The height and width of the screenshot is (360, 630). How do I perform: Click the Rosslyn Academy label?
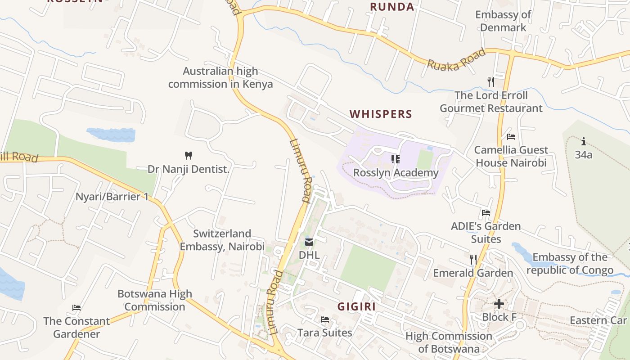(396, 173)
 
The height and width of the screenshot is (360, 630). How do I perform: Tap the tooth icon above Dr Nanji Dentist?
(189, 156)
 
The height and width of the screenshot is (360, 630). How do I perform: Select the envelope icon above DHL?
(309, 242)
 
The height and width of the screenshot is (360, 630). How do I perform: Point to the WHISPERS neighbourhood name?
(381, 114)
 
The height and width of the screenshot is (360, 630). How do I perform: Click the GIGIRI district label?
(356, 307)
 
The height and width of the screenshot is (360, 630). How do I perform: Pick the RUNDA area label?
(392, 7)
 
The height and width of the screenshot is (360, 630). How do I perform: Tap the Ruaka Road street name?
(456, 59)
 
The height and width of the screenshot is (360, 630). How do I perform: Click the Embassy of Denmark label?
(503, 21)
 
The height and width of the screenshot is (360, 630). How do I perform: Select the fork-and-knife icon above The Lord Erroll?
(491, 81)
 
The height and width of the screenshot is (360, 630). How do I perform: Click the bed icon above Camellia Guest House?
(511, 136)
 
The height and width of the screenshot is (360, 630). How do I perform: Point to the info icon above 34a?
(584, 142)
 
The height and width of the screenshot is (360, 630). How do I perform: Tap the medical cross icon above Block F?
(499, 304)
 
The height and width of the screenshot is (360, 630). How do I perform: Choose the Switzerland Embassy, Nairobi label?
(222, 240)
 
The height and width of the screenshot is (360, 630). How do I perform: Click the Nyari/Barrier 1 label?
(112, 197)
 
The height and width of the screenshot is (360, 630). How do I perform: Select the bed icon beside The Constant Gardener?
(76, 308)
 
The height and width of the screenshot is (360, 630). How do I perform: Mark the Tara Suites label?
(324, 333)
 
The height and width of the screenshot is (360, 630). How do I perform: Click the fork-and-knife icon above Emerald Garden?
(473, 259)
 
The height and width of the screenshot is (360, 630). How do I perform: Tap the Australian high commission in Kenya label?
(220, 77)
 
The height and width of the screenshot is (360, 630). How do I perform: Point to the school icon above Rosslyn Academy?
(396, 159)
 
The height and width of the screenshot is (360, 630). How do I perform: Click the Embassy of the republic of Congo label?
(570, 264)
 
